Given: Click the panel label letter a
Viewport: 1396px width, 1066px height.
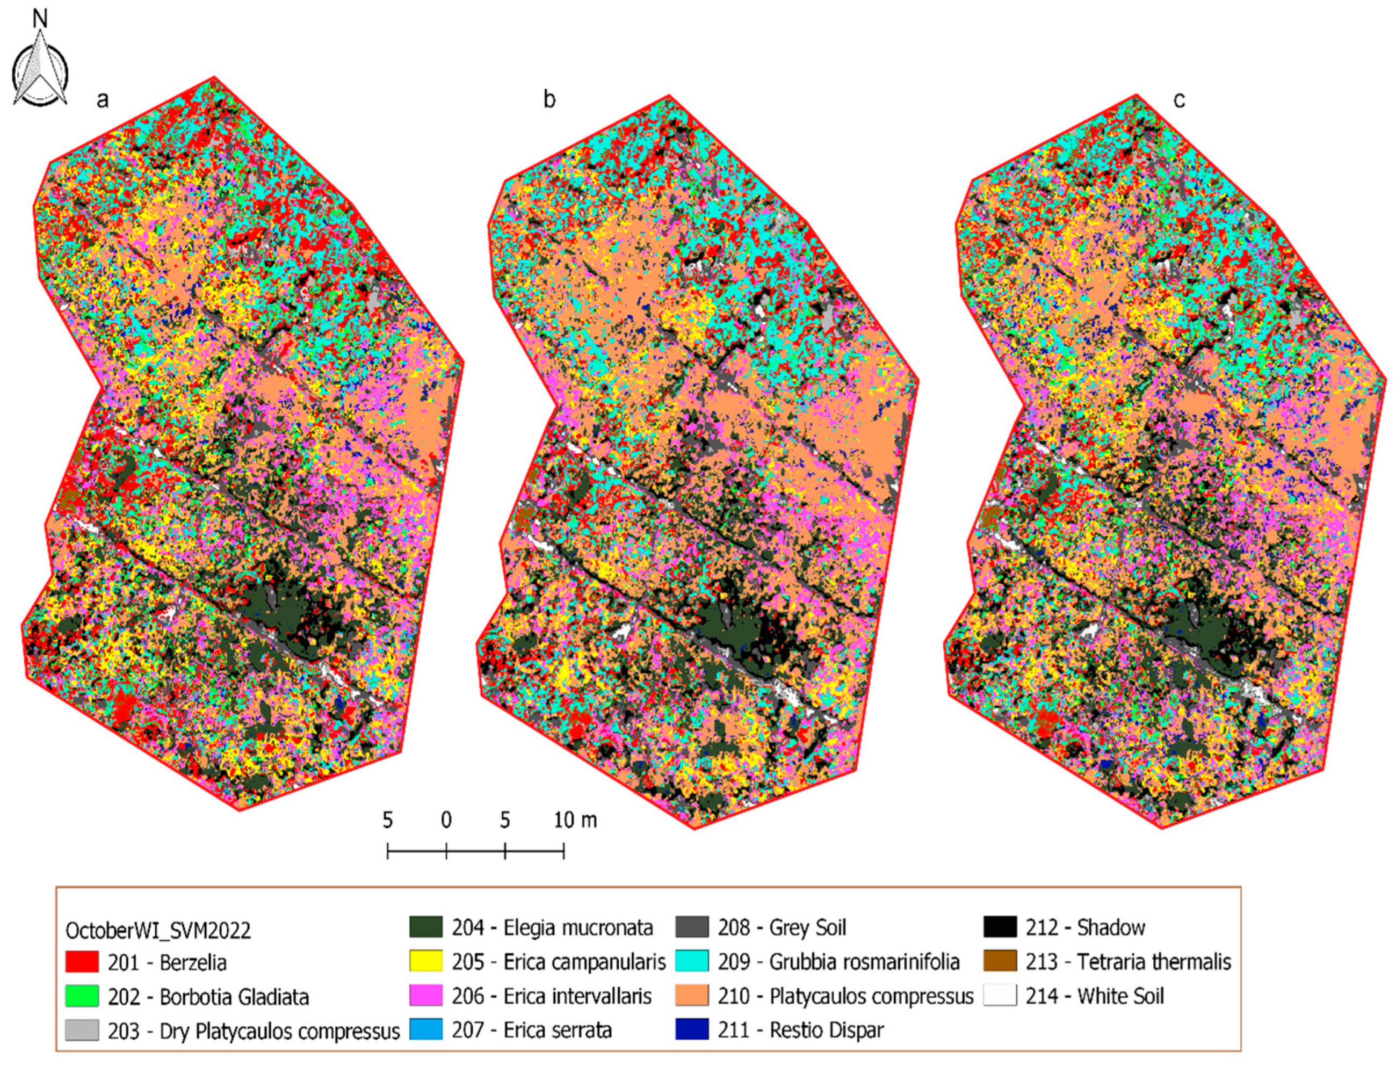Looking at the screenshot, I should point(102,100).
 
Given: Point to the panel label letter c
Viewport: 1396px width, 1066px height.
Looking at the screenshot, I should point(1179,100).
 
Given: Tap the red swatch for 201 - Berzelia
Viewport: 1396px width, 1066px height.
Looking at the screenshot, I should point(82,962).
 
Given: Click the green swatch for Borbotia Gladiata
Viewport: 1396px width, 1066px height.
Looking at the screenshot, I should point(82,996).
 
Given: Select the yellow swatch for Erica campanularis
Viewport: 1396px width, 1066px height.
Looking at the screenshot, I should point(426,961).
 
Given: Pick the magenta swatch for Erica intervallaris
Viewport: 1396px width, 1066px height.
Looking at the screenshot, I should point(426,996).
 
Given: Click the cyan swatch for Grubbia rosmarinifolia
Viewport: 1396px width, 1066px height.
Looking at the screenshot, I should point(692,961).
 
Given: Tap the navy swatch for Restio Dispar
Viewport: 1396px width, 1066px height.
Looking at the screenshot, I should point(692,1030).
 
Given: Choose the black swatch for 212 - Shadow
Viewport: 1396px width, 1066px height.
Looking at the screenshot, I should point(1000,927).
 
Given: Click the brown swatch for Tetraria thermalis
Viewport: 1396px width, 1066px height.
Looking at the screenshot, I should point(1000,961).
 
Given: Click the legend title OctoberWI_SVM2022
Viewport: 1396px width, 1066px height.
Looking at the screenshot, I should point(158,931).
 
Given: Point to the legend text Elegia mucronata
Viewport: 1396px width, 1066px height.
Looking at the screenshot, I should point(577,927).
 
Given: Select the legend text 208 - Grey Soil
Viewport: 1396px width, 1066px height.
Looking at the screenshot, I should point(782,927).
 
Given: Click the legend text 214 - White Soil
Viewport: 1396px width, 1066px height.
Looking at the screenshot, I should point(1095,996).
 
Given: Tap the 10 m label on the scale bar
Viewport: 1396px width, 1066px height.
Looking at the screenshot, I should point(575,821).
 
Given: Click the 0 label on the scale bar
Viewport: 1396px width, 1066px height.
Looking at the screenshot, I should point(446,821).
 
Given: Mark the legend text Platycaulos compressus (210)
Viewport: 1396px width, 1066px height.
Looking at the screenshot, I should point(871,996).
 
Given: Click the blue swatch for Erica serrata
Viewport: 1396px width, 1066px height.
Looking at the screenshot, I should point(426,1030).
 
